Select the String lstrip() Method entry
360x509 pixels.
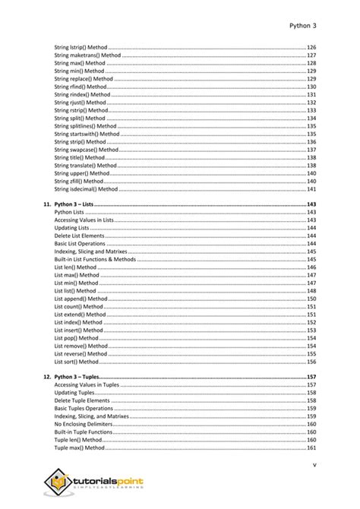81,46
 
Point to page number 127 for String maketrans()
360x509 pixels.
311,55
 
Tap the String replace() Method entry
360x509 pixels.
84,78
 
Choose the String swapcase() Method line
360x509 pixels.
87,150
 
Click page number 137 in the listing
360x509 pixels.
311,150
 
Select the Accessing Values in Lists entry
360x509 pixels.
84,220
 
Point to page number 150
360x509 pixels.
311,299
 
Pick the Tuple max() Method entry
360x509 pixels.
80,447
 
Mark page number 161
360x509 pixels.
311,447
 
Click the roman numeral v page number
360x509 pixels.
314,464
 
